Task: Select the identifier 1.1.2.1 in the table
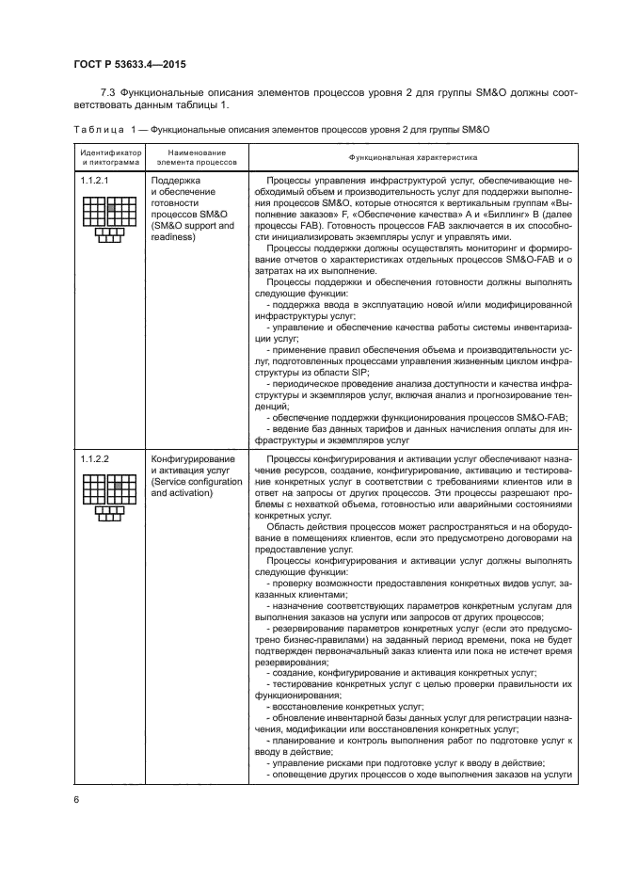(x=96, y=179)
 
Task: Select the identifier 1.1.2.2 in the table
(x=96, y=458)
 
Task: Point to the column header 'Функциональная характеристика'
(x=413, y=158)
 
